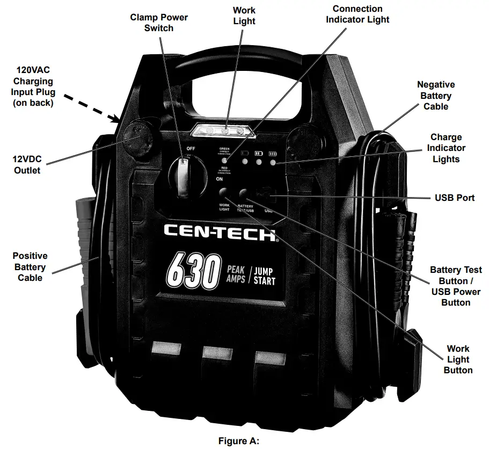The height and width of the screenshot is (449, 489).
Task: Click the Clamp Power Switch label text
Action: coord(159,23)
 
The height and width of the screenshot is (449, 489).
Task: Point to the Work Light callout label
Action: coord(244,16)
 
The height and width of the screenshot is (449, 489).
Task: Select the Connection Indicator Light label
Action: coord(357,15)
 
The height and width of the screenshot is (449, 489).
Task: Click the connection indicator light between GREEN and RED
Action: coord(224,160)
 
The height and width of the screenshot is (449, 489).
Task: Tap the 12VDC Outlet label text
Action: coord(27,165)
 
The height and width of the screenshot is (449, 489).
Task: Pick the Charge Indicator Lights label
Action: coord(446,148)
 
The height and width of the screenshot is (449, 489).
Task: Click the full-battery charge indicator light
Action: coord(274,161)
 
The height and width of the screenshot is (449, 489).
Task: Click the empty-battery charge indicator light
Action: coord(245,161)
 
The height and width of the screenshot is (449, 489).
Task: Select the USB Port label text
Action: coord(454,198)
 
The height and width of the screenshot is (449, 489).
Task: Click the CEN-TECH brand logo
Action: coord(220,233)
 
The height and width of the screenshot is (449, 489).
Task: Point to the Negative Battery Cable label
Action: coord(435,96)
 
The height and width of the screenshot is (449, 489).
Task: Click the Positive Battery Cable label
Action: coord(30,267)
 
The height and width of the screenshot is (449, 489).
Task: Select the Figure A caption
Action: coord(238,441)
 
